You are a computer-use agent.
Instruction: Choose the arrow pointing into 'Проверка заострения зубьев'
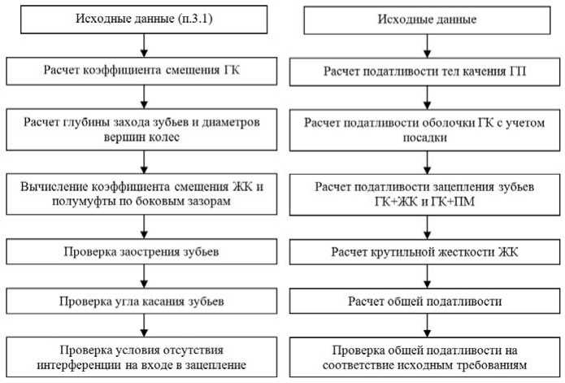(x=143, y=228)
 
